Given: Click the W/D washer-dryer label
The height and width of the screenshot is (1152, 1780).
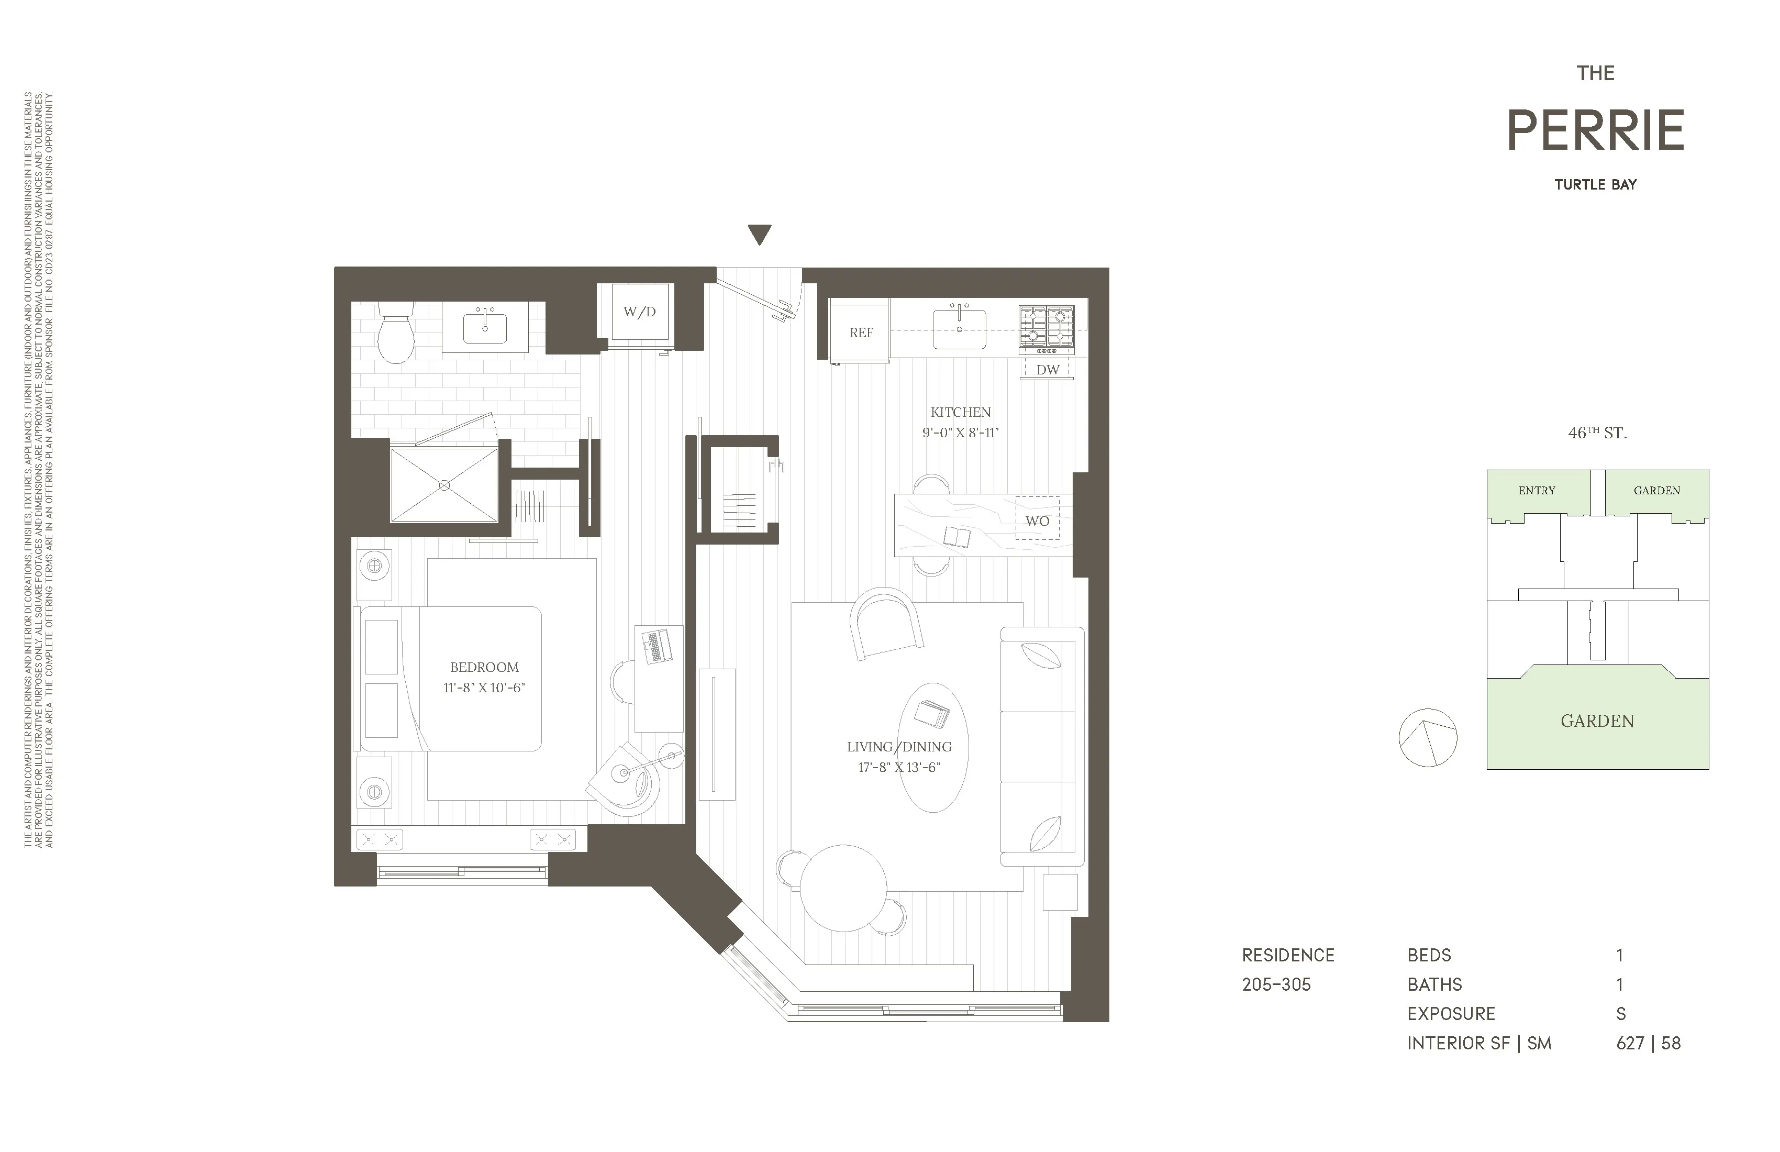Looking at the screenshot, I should [x=639, y=312].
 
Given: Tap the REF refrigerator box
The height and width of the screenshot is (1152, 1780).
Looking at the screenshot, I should [x=861, y=333].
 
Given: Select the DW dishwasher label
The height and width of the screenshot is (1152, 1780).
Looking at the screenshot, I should [x=1048, y=370].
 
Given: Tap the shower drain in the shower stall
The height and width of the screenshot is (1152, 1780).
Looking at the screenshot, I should [x=444, y=485].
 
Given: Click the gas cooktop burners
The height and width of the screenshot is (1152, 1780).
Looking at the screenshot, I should [x=1047, y=326].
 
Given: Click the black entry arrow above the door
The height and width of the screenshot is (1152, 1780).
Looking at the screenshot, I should [x=760, y=234].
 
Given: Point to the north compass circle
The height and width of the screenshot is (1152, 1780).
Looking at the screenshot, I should [x=1428, y=738].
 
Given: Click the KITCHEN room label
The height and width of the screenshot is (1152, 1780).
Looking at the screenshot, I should [x=960, y=412].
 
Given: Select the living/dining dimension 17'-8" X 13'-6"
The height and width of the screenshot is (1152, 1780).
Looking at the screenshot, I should [x=899, y=767].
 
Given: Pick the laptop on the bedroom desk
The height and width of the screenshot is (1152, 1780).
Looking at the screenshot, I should [x=657, y=645].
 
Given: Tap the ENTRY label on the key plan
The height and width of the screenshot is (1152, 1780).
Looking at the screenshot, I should [x=1537, y=491].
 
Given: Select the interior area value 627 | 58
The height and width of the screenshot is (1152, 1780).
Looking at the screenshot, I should [x=1649, y=1043].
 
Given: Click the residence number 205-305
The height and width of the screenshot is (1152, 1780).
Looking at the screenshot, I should [x=1277, y=984].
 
